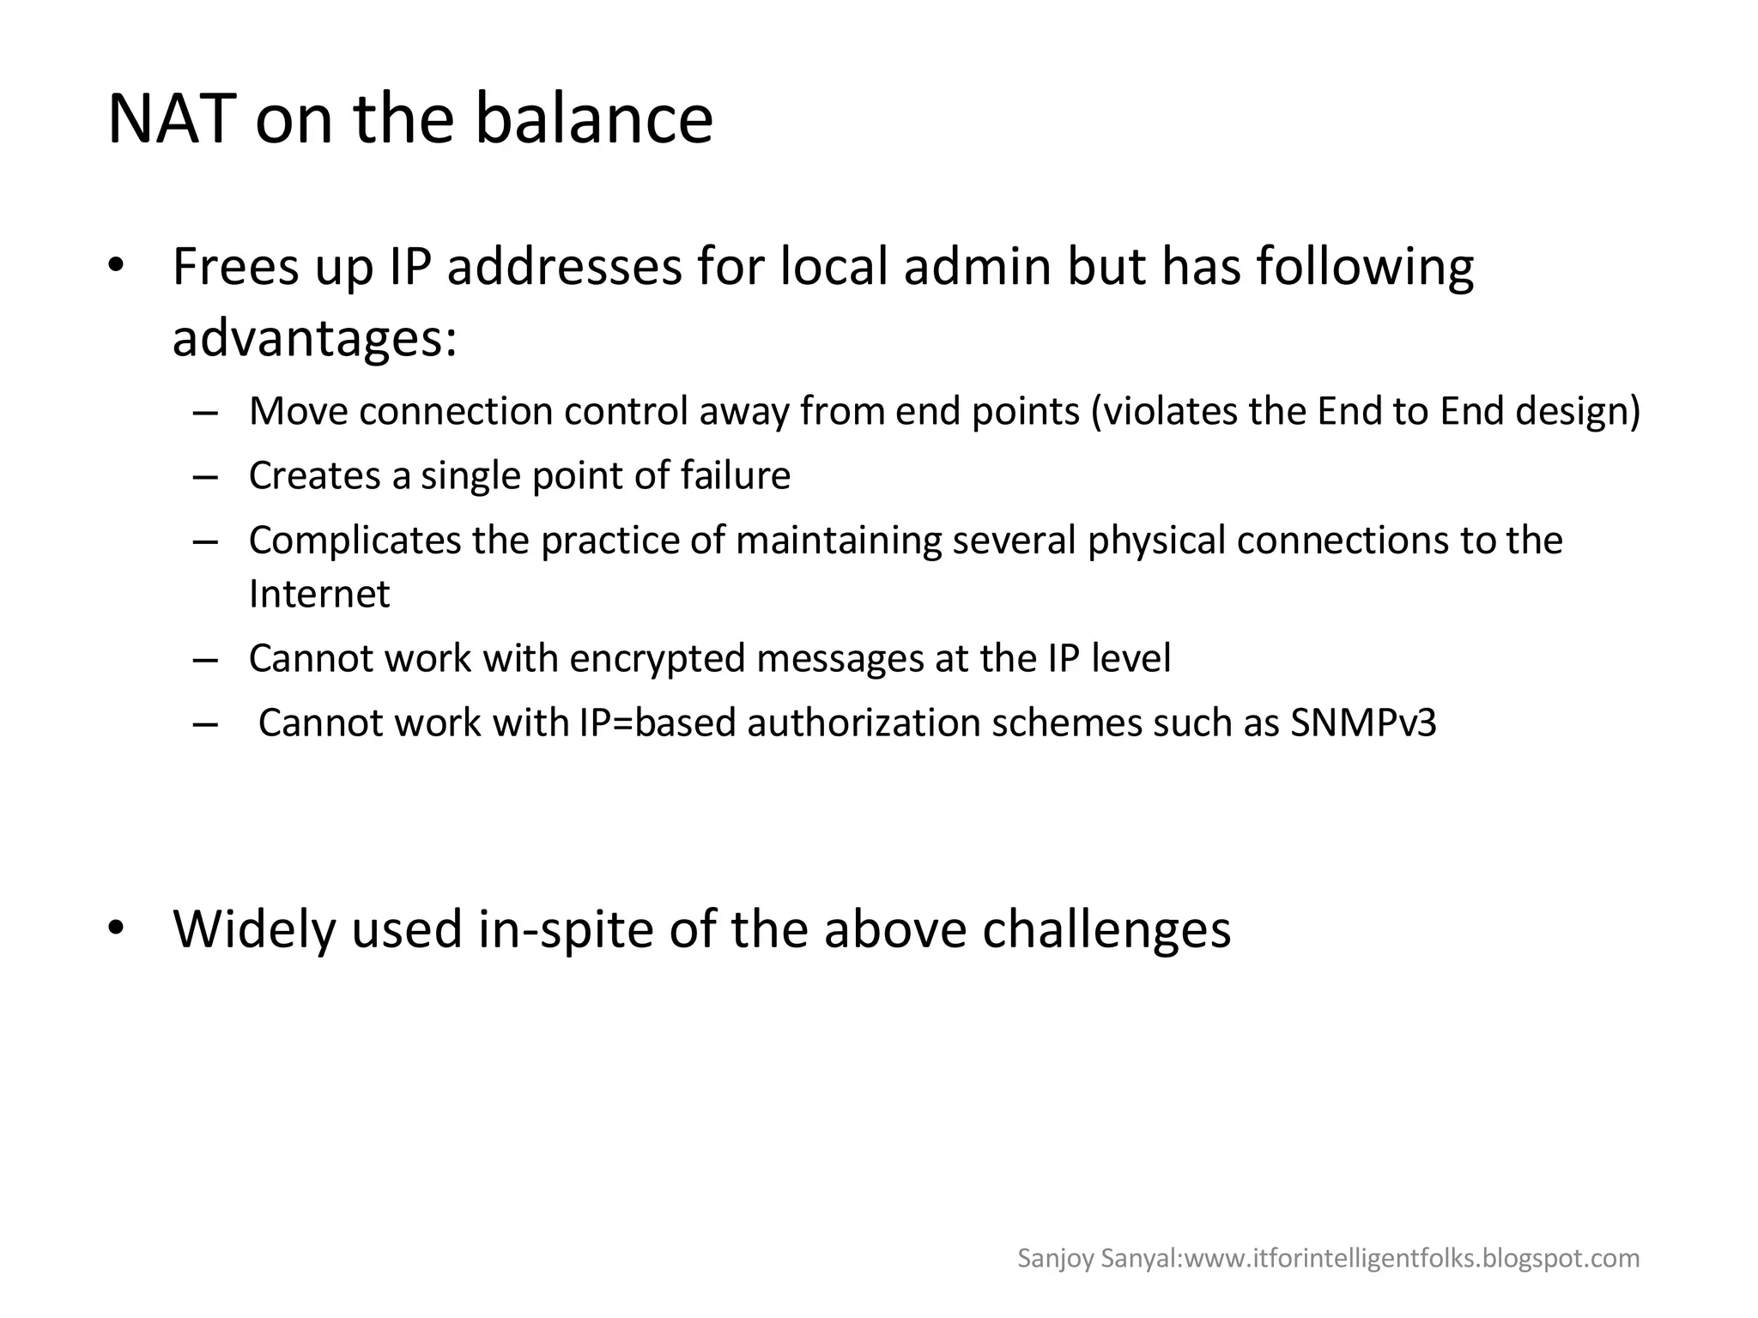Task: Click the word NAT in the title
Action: click(171, 118)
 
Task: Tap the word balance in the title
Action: click(593, 118)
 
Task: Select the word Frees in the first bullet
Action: click(235, 267)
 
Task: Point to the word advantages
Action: click(314, 338)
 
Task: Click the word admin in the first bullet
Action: click(977, 267)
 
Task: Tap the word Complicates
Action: click(355, 540)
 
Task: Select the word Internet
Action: click(319, 594)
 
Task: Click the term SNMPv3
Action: click(1363, 722)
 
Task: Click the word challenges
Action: click(1106, 928)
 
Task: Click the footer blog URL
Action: click(1411, 1258)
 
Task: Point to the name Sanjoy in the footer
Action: click(1044, 1259)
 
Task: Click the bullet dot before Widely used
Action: click(118, 928)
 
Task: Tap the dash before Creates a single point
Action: click(205, 476)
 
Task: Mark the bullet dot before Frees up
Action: click(118, 266)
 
